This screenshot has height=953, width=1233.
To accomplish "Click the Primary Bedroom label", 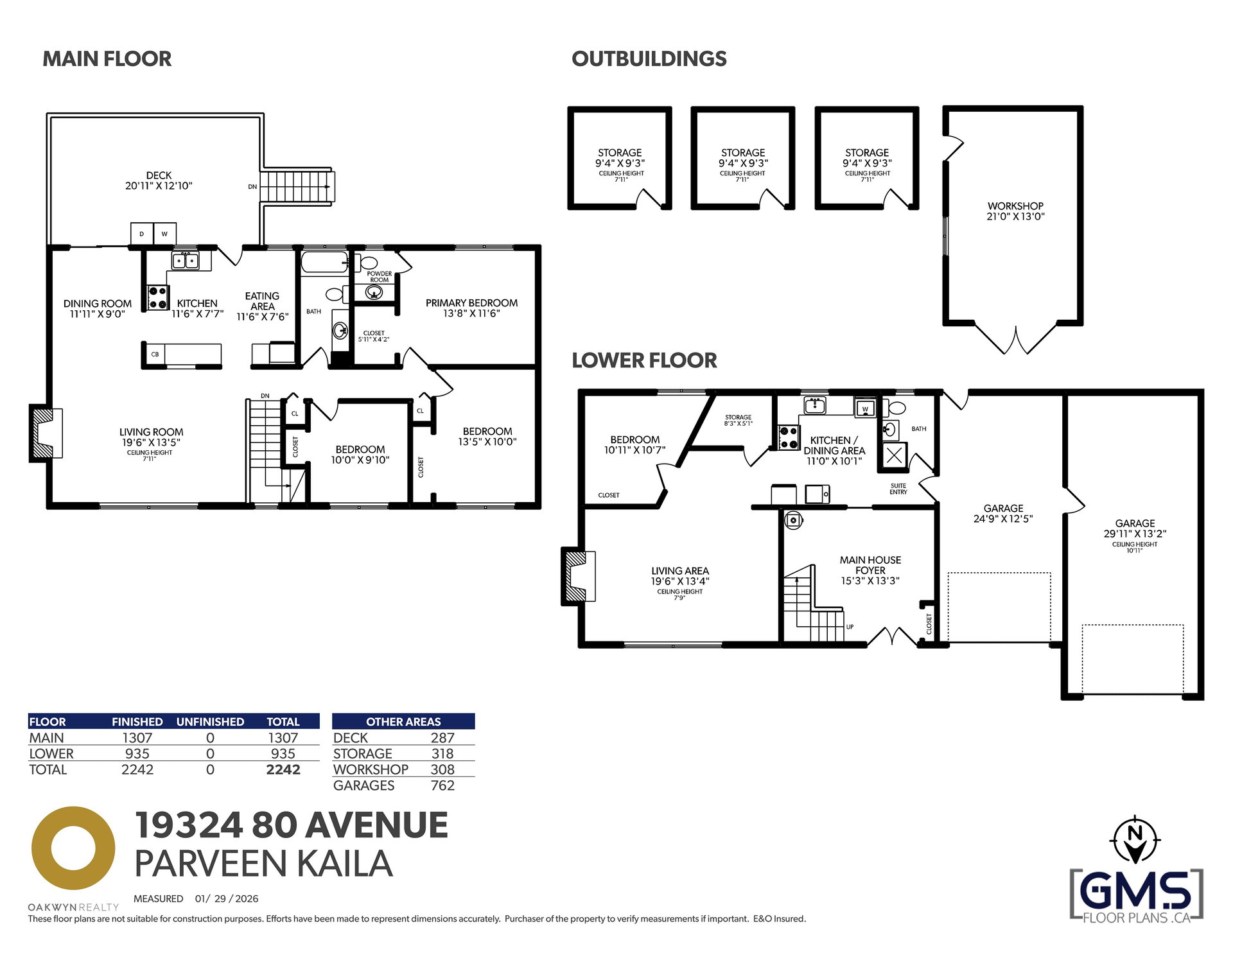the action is [471, 303].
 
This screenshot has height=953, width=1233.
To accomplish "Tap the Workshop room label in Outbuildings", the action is [1015, 206].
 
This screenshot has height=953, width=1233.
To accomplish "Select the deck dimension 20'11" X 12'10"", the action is [159, 186].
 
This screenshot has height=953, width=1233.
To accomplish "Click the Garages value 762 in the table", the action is [442, 785].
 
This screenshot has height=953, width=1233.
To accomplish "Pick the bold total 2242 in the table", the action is [283, 769].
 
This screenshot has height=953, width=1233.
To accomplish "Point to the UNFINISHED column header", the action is [210, 722].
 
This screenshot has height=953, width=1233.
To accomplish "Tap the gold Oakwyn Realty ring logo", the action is [73, 848].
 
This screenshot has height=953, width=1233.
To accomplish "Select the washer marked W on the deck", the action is [164, 234].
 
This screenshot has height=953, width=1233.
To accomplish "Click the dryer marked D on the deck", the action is [142, 234].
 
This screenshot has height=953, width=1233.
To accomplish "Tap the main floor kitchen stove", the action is [157, 298].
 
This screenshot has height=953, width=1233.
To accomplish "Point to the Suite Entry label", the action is [898, 489].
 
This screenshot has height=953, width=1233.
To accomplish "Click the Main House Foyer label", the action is [870, 565].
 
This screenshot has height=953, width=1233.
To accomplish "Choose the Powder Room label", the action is [379, 277].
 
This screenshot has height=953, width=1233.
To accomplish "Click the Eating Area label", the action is [262, 301].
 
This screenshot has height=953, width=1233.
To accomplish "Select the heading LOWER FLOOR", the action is [644, 360].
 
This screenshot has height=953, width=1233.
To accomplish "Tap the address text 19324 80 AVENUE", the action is [291, 825].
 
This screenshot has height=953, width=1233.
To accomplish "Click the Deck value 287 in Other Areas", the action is [442, 738].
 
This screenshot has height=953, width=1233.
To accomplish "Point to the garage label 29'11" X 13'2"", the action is [1135, 534].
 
